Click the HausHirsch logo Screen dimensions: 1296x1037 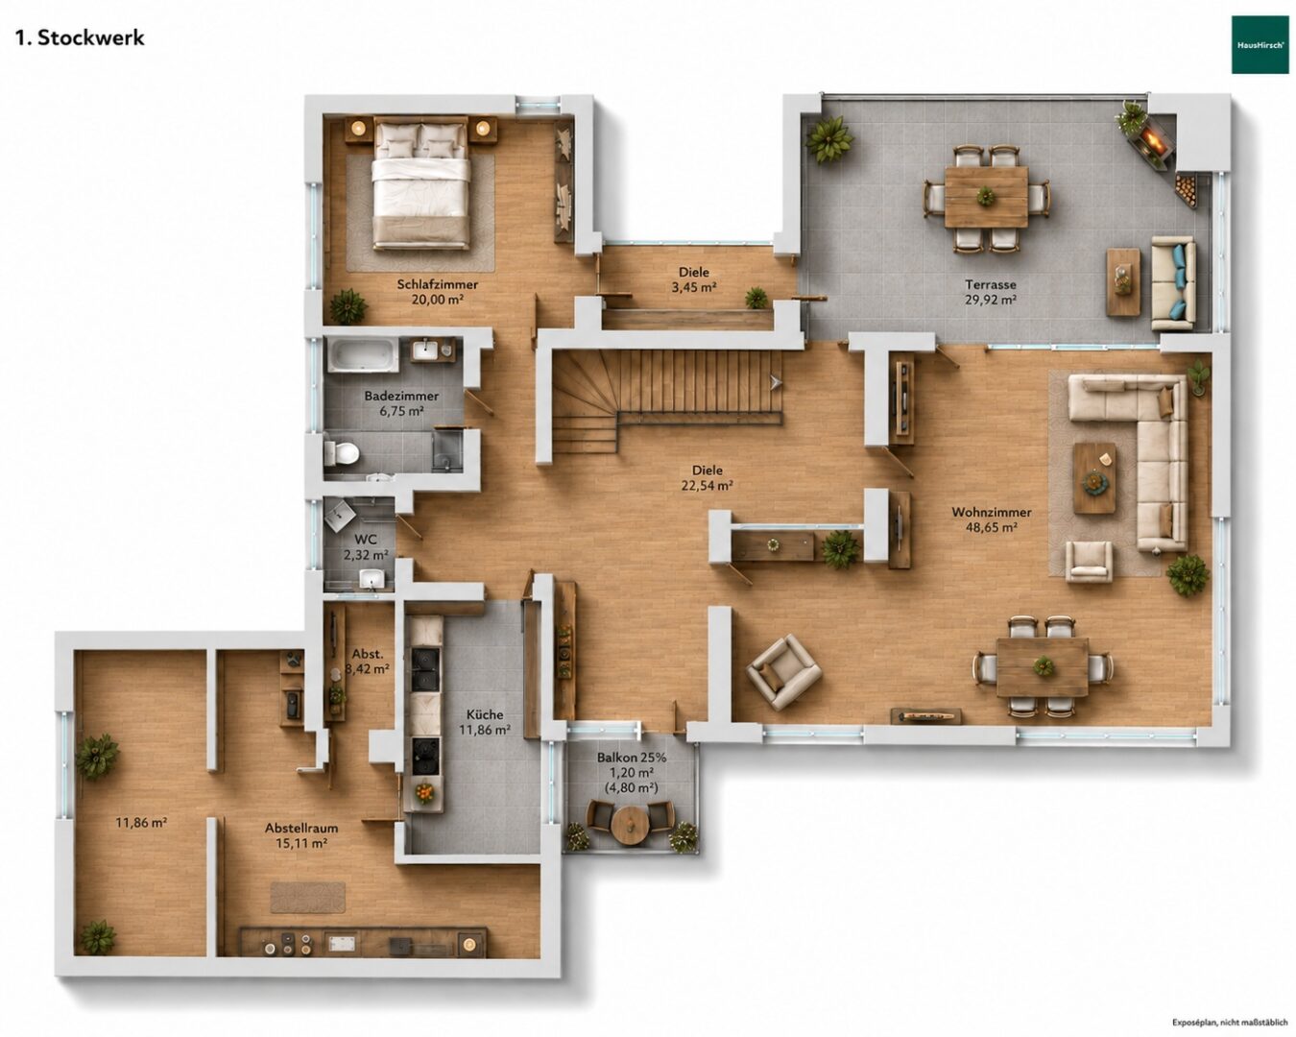(1260, 44)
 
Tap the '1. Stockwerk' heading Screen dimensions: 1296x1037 (80, 38)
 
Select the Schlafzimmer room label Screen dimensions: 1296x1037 (437, 284)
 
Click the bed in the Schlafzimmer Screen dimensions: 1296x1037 (420, 182)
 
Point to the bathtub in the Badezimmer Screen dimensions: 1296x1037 (363, 354)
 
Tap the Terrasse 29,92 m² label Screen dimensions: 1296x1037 (991, 292)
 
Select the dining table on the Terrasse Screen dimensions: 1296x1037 (986, 197)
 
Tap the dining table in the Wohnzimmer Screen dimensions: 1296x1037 (1043, 667)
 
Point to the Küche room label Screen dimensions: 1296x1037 (485, 714)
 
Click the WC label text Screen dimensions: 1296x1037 (366, 540)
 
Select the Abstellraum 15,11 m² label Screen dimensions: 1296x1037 (301, 835)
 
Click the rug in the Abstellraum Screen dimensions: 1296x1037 (308, 897)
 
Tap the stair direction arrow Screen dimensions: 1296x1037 (775, 382)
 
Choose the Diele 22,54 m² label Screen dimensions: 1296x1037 (707, 478)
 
